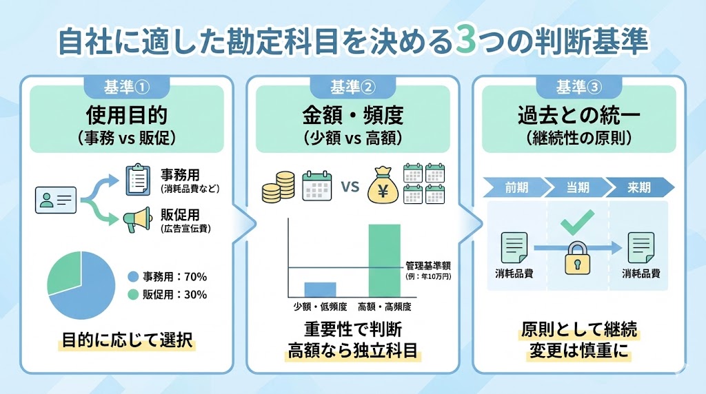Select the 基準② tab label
click(352, 87)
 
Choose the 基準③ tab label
click(578, 87)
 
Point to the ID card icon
click(55, 200)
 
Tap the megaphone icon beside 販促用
click(138, 220)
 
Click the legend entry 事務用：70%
click(168, 277)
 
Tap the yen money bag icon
click(382, 185)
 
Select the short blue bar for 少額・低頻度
click(320, 289)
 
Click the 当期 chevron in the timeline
click(576, 187)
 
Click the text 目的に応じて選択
click(128, 340)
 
